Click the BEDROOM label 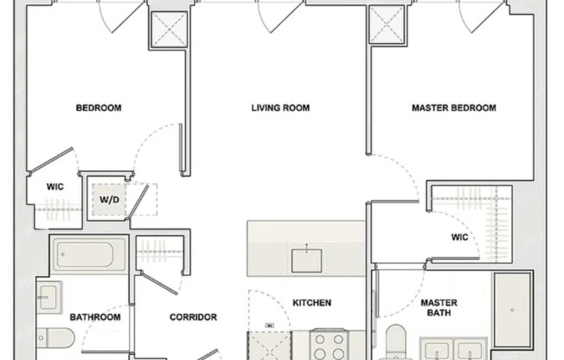point(99,108)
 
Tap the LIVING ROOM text point(280,108)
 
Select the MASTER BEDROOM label point(453,108)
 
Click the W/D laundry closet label point(110,200)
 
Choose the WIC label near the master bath point(459,235)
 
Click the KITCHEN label point(311,303)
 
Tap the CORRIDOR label point(192,317)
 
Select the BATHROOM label point(95,317)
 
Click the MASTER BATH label point(439,308)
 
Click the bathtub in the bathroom point(88,255)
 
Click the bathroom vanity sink point(48,296)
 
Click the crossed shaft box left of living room point(163,31)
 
